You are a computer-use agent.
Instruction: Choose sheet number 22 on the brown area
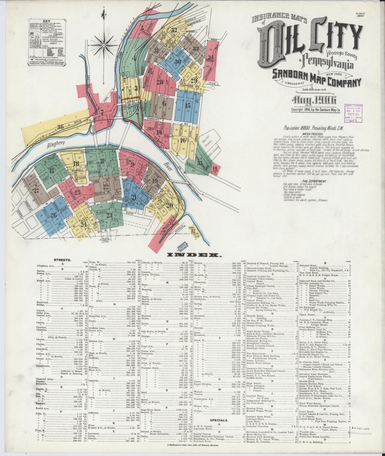pos(106,187)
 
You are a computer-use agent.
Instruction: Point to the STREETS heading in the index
pos(62,260)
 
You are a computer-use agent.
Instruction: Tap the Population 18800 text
pos(313,128)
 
